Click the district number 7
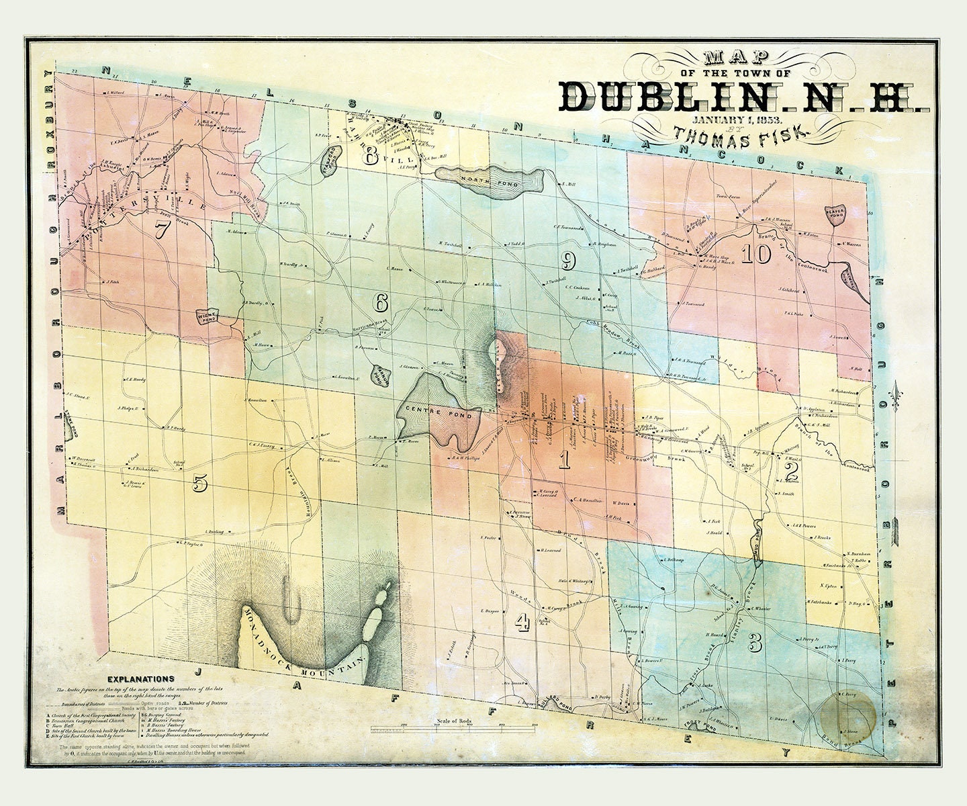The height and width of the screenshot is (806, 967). tap(162, 229)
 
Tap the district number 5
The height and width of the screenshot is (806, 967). tap(199, 482)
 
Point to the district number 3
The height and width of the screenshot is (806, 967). tap(755, 642)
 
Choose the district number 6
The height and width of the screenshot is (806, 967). tap(381, 303)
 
